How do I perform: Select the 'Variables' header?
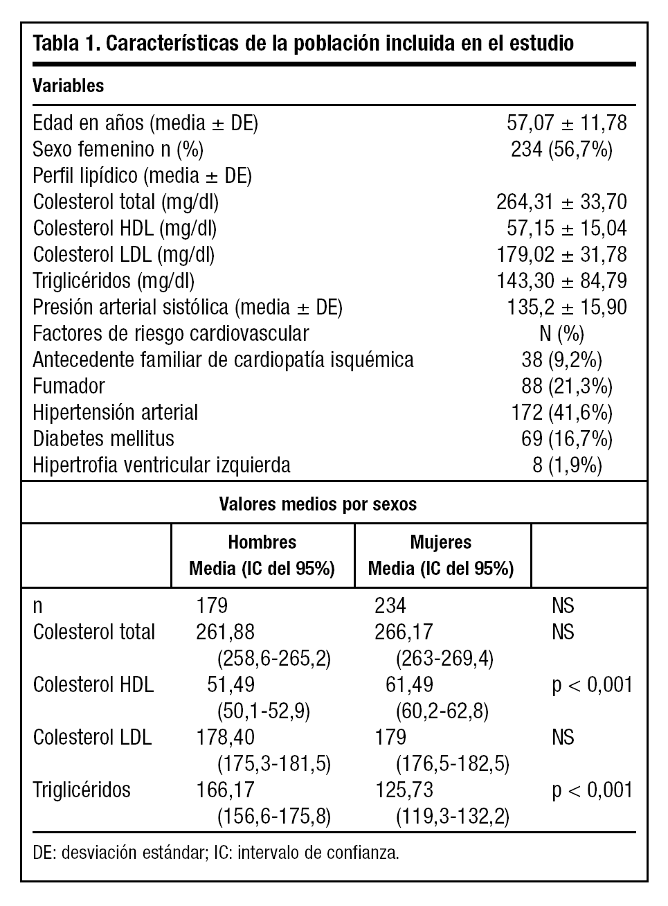tap(69, 86)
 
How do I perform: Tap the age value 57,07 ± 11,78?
tap(566, 123)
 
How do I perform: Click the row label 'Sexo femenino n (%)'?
tap(118, 150)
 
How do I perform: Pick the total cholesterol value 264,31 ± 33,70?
tap(561, 202)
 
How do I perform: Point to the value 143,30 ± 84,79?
tap(561, 281)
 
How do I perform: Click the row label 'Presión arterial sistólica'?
tap(187, 308)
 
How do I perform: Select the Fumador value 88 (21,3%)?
tap(566, 387)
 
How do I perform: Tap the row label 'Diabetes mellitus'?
tap(103, 439)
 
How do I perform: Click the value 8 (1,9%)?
tap(567, 465)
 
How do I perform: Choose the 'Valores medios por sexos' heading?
tap(318, 504)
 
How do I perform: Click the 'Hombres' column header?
tap(262, 542)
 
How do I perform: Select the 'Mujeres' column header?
tap(441, 542)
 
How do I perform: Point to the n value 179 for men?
tap(212, 606)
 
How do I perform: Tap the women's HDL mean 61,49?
tap(409, 685)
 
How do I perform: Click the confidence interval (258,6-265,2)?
tap(274, 659)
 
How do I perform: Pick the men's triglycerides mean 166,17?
tap(226, 790)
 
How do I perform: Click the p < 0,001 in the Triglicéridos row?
tap(592, 790)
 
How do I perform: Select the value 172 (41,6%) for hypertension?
tap(561, 413)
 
